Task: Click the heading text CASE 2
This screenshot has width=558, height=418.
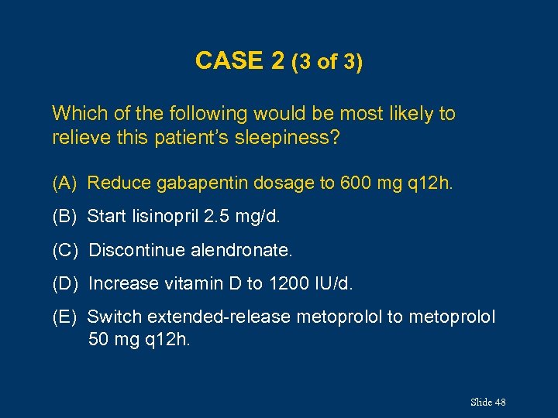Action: coord(240,60)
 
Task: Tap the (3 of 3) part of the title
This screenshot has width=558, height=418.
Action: coord(326,62)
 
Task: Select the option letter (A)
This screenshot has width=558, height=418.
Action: coord(64,183)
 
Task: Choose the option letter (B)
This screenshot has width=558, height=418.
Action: coord(64,217)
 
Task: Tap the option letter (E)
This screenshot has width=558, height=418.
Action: coord(64,317)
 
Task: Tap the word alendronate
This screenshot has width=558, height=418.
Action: coord(245,251)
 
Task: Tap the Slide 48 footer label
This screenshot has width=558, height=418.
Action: coord(487,402)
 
